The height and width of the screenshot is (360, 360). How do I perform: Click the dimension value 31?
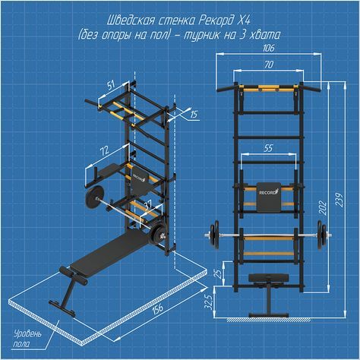tap(144, 201)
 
